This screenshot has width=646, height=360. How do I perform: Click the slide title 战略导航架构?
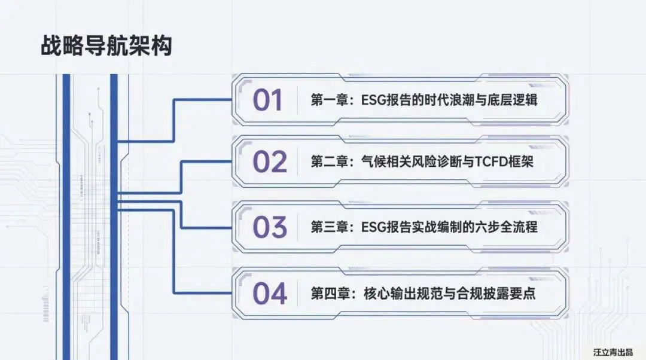pyautogui.click(x=106, y=46)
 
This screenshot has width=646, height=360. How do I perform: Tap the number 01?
pyautogui.click(x=267, y=100)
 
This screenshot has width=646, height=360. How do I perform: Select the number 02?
pyautogui.click(x=270, y=162)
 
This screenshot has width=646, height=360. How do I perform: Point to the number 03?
pyautogui.click(x=270, y=227)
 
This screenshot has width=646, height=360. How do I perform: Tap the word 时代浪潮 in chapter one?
pyautogui.click(x=447, y=100)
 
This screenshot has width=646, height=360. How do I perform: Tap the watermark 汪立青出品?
pyautogui.click(x=613, y=352)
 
